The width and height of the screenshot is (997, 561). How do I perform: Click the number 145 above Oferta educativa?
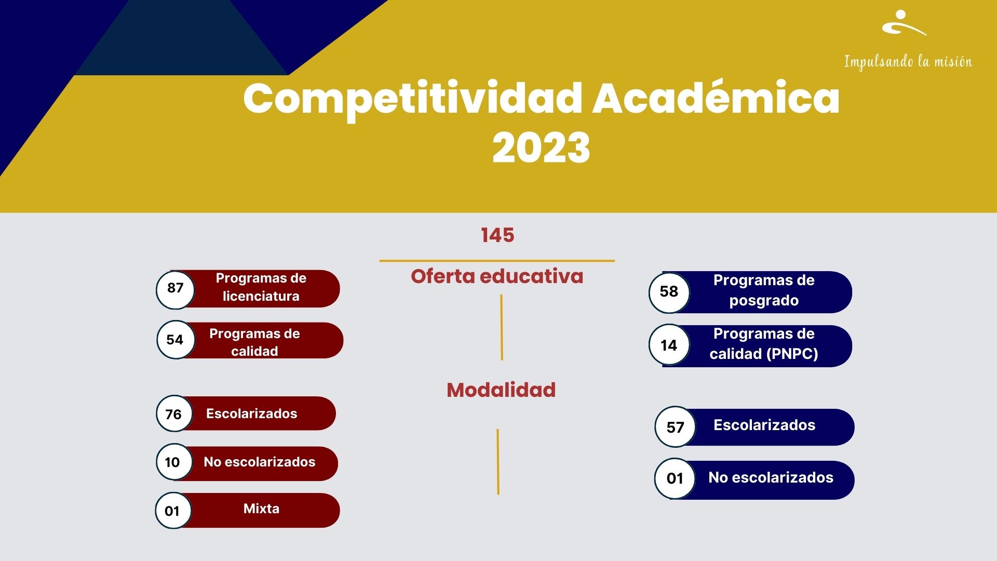[x=497, y=235]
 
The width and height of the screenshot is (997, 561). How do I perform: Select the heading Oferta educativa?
[x=497, y=276]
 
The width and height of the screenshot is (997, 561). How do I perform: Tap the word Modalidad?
[x=501, y=390]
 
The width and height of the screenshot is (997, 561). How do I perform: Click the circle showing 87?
[x=176, y=289]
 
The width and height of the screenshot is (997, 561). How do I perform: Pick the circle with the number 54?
[x=176, y=340]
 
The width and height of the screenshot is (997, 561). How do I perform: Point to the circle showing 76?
[x=174, y=413]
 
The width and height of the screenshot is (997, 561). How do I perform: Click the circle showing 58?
[x=669, y=292]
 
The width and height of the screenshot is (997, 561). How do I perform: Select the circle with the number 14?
[x=669, y=345]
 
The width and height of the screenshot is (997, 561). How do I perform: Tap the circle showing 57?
[x=675, y=427]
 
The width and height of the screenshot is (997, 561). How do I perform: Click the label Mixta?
[x=261, y=509]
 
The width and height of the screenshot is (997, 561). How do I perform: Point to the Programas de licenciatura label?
[x=261, y=287]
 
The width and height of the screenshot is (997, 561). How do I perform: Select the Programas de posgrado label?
[x=764, y=290]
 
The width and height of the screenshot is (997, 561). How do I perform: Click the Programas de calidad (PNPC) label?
[x=764, y=343]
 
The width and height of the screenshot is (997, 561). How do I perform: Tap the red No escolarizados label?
[x=260, y=462]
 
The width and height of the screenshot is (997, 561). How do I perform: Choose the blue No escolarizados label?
[x=771, y=477]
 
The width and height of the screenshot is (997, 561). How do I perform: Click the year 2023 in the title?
[x=541, y=148]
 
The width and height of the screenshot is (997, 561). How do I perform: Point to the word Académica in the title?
[x=716, y=98]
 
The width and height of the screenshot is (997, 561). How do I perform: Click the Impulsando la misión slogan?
[x=908, y=62]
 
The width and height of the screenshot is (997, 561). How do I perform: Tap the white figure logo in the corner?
[x=904, y=23]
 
